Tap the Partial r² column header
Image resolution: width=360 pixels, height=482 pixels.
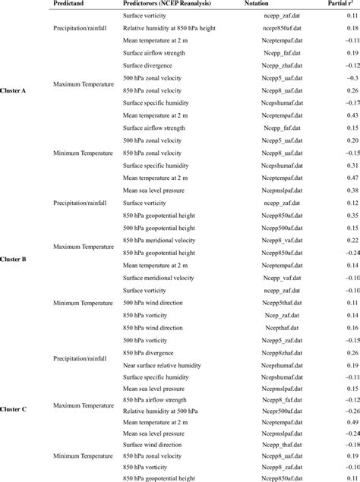(x=343, y=5)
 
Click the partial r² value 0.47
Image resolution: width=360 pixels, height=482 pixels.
(x=352, y=178)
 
